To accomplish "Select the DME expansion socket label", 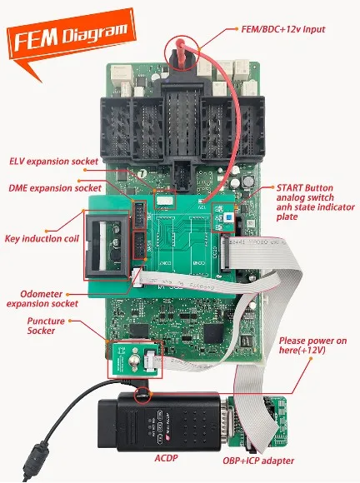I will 54,188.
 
